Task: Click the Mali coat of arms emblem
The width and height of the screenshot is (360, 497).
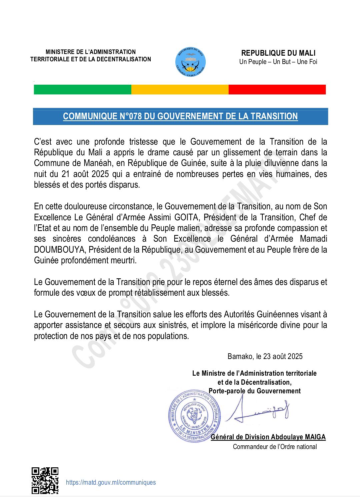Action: (190, 62)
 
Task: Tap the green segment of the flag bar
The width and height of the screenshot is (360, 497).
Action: (82, 90)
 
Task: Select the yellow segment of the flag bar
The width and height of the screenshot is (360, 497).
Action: (180, 90)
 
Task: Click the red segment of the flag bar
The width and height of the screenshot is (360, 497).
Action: (277, 90)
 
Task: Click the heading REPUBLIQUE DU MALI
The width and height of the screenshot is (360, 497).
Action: (278, 53)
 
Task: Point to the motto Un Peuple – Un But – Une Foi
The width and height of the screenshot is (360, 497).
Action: (278, 62)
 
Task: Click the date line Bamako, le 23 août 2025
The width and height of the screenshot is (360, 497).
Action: (265, 356)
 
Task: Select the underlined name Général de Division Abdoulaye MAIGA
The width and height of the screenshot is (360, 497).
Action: (268, 437)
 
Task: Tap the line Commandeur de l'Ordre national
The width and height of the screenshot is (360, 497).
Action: (275, 447)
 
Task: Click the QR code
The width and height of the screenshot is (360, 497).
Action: (45, 480)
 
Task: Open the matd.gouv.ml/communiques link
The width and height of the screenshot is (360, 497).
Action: (111, 482)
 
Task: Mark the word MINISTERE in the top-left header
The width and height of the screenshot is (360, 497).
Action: (60, 52)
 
